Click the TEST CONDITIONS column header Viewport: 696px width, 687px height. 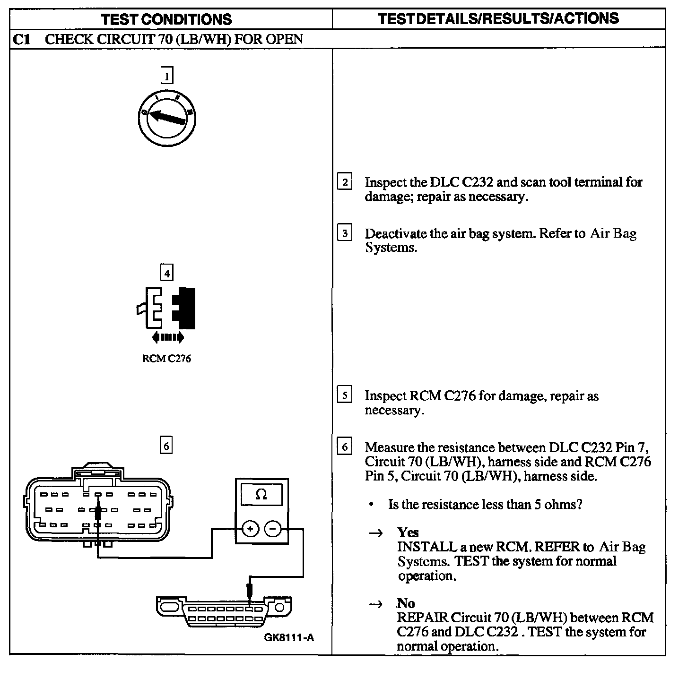[x=166, y=19]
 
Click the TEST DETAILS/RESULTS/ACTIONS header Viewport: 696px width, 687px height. [x=498, y=19]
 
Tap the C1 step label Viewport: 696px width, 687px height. [x=21, y=39]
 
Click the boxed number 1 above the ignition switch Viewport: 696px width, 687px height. [x=166, y=76]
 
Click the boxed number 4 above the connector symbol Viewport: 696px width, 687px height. [x=166, y=273]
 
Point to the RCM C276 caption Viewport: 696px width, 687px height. [x=166, y=359]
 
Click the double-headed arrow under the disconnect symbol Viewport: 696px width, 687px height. [x=167, y=337]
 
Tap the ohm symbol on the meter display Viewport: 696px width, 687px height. [x=261, y=495]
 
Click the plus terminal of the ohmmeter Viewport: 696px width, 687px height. [x=250, y=529]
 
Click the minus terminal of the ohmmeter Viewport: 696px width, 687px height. [x=273, y=529]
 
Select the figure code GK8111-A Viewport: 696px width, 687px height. [x=289, y=637]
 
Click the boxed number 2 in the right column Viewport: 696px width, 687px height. [x=345, y=182]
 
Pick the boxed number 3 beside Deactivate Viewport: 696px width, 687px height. [x=345, y=233]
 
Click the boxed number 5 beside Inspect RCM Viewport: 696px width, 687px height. [x=345, y=395]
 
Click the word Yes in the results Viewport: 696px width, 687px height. [x=408, y=532]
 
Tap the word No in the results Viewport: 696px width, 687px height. [x=406, y=603]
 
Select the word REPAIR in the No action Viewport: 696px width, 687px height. [x=422, y=618]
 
